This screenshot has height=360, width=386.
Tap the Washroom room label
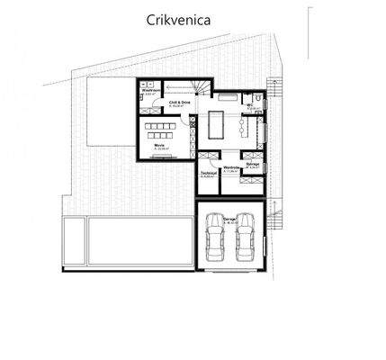151,91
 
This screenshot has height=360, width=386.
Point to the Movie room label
157,144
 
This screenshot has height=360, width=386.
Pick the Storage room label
254,164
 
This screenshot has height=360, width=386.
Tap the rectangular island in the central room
217,121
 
